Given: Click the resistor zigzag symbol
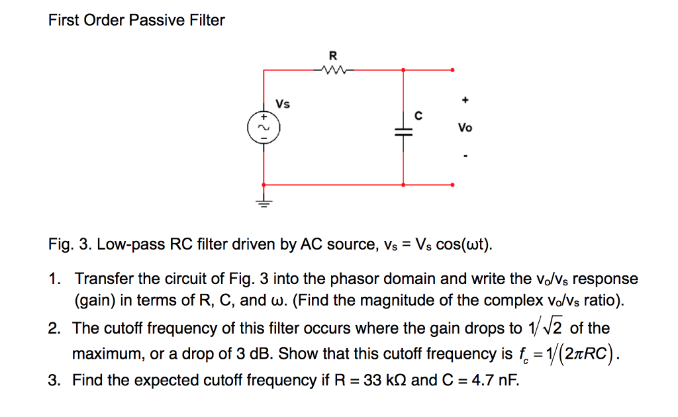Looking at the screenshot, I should (x=332, y=69).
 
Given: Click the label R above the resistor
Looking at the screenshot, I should (x=332, y=54).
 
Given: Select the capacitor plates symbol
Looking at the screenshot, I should (x=404, y=132).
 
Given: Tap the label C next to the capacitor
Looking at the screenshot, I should (x=418, y=115).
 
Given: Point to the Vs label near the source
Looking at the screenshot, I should (x=283, y=104).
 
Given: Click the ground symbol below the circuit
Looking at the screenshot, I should (x=264, y=203).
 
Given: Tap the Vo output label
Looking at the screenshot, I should (x=465, y=128).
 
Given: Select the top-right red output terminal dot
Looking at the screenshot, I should (x=453, y=69).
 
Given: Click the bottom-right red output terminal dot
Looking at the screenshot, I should (x=453, y=185).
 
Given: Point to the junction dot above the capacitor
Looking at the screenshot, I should (x=404, y=69).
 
